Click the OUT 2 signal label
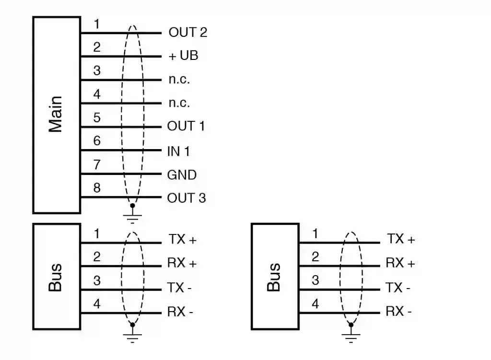tap(187, 33)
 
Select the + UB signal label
tap(183, 56)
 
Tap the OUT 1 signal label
tap(186, 127)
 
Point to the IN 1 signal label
tap(178, 151)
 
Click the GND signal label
tap(182, 175)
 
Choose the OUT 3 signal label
tap(186, 198)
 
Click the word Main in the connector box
tap(56, 115)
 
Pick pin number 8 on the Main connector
tap(97, 188)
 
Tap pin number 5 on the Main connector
tap(97, 117)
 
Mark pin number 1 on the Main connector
tap(97, 24)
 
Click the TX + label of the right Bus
tap(400, 239)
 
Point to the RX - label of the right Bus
tap(398, 312)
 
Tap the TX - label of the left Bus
tap(180, 288)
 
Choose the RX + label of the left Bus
tap(182, 263)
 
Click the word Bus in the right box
tap(274, 277)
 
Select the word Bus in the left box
tap(56, 277)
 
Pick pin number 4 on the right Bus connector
tap(315, 304)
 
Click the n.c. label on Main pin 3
tap(179, 80)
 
